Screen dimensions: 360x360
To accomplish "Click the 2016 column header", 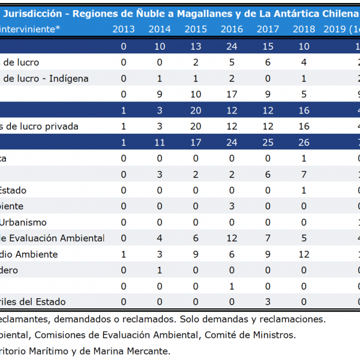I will pos(232,29).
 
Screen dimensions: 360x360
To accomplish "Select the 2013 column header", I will pos(124,29).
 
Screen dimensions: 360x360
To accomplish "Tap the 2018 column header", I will pos(304,29).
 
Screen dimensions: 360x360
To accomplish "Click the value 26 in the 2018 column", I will pos(304,143).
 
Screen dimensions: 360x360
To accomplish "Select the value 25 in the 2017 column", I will pos(268,143).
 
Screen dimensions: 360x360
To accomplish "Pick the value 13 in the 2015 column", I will pos(196,47).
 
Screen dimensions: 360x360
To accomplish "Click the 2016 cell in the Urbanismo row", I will pos(232,222).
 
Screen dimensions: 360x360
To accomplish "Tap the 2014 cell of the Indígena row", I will pos(160,79).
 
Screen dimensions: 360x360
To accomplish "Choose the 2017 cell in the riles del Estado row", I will pos(268,301).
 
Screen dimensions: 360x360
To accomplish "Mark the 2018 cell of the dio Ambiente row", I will pos(304,254).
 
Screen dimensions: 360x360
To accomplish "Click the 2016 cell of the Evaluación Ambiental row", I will pos(232,238).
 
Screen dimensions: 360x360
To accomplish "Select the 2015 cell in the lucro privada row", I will pos(196,127).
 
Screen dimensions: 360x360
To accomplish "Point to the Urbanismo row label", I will pos(25,222).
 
